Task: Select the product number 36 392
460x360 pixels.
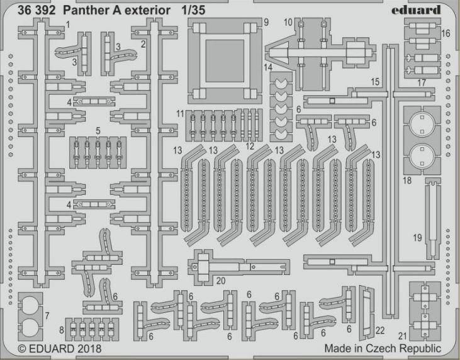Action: (36, 9)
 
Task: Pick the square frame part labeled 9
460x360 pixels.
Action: (225, 60)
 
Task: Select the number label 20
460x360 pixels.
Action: (220, 281)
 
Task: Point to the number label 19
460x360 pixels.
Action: (417, 237)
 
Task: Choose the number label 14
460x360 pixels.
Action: (268, 66)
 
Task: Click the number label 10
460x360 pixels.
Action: (288, 23)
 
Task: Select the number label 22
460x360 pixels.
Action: (379, 330)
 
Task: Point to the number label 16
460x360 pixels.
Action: (446, 33)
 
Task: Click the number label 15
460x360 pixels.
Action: (375, 82)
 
